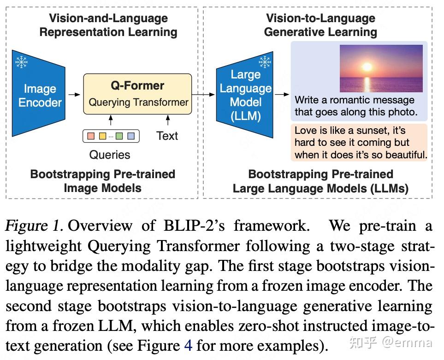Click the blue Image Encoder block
[x=39, y=95]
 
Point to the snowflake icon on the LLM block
[x=265, y=61]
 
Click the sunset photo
[x=381, y=68]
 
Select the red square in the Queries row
[x=91, y=136]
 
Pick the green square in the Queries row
[x=119, y=136]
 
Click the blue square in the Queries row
[x=131, y=136]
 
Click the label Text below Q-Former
[x=167, y=136]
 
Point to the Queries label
[x=110, y=155]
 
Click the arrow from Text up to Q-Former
[x=168, y=121]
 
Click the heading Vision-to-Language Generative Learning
[x=320, y=25]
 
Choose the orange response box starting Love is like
[x=360, y=142]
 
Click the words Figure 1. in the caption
[x=35, y=226]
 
